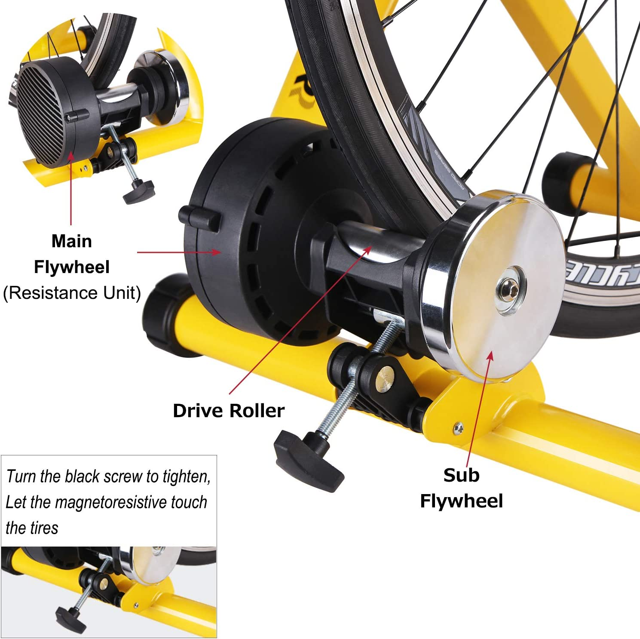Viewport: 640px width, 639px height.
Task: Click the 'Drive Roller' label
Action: click(x=228, y=411)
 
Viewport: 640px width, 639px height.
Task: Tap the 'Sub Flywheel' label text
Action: click(x=461, y=488)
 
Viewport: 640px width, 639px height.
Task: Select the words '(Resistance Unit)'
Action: click(x=72, y=293)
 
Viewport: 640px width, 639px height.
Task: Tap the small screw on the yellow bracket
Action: click(x=459, y=427)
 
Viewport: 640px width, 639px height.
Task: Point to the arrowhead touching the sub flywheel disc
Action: click(x=490, y=355)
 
